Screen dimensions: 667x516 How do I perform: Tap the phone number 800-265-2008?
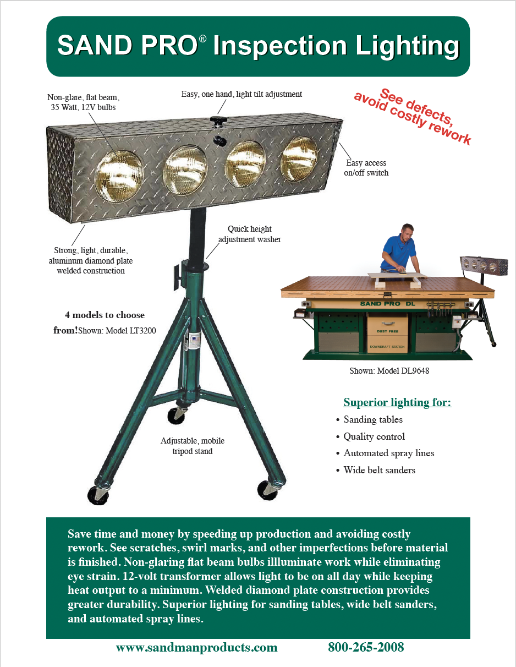[366, 647]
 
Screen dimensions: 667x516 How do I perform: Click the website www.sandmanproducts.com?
[196, 647]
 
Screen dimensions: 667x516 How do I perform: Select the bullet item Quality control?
[374, 436]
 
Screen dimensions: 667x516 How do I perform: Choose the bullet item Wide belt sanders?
[379, 470]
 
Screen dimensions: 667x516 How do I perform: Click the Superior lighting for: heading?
[397, 402]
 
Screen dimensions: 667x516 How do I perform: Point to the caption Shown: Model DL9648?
[389, 371]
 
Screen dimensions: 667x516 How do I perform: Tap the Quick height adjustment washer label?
[250, 234]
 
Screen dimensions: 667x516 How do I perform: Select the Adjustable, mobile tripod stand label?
[193, 446]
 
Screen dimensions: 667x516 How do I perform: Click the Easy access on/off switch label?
[366, 168]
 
